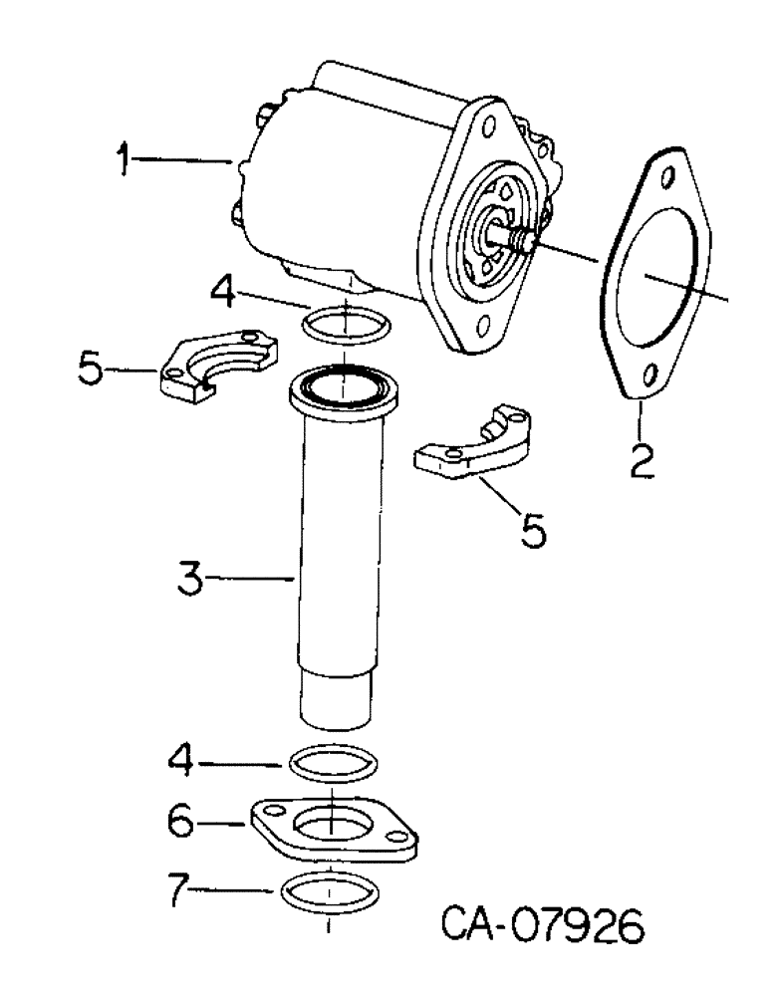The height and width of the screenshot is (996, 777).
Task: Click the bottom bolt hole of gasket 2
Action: point(647,376)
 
